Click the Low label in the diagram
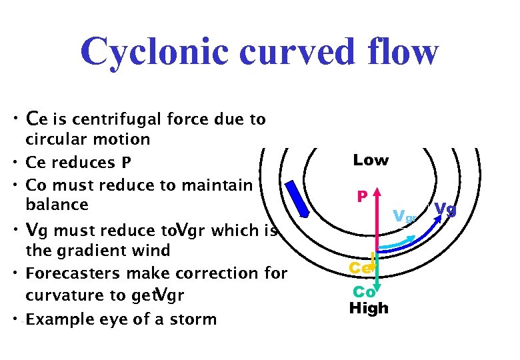[371, 161]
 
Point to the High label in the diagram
[369, 308]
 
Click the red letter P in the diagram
[362, 197]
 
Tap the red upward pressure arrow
[377, 220]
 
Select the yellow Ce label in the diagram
[360, 267]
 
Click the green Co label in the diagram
[363, 292]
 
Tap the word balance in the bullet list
[57, 205]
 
